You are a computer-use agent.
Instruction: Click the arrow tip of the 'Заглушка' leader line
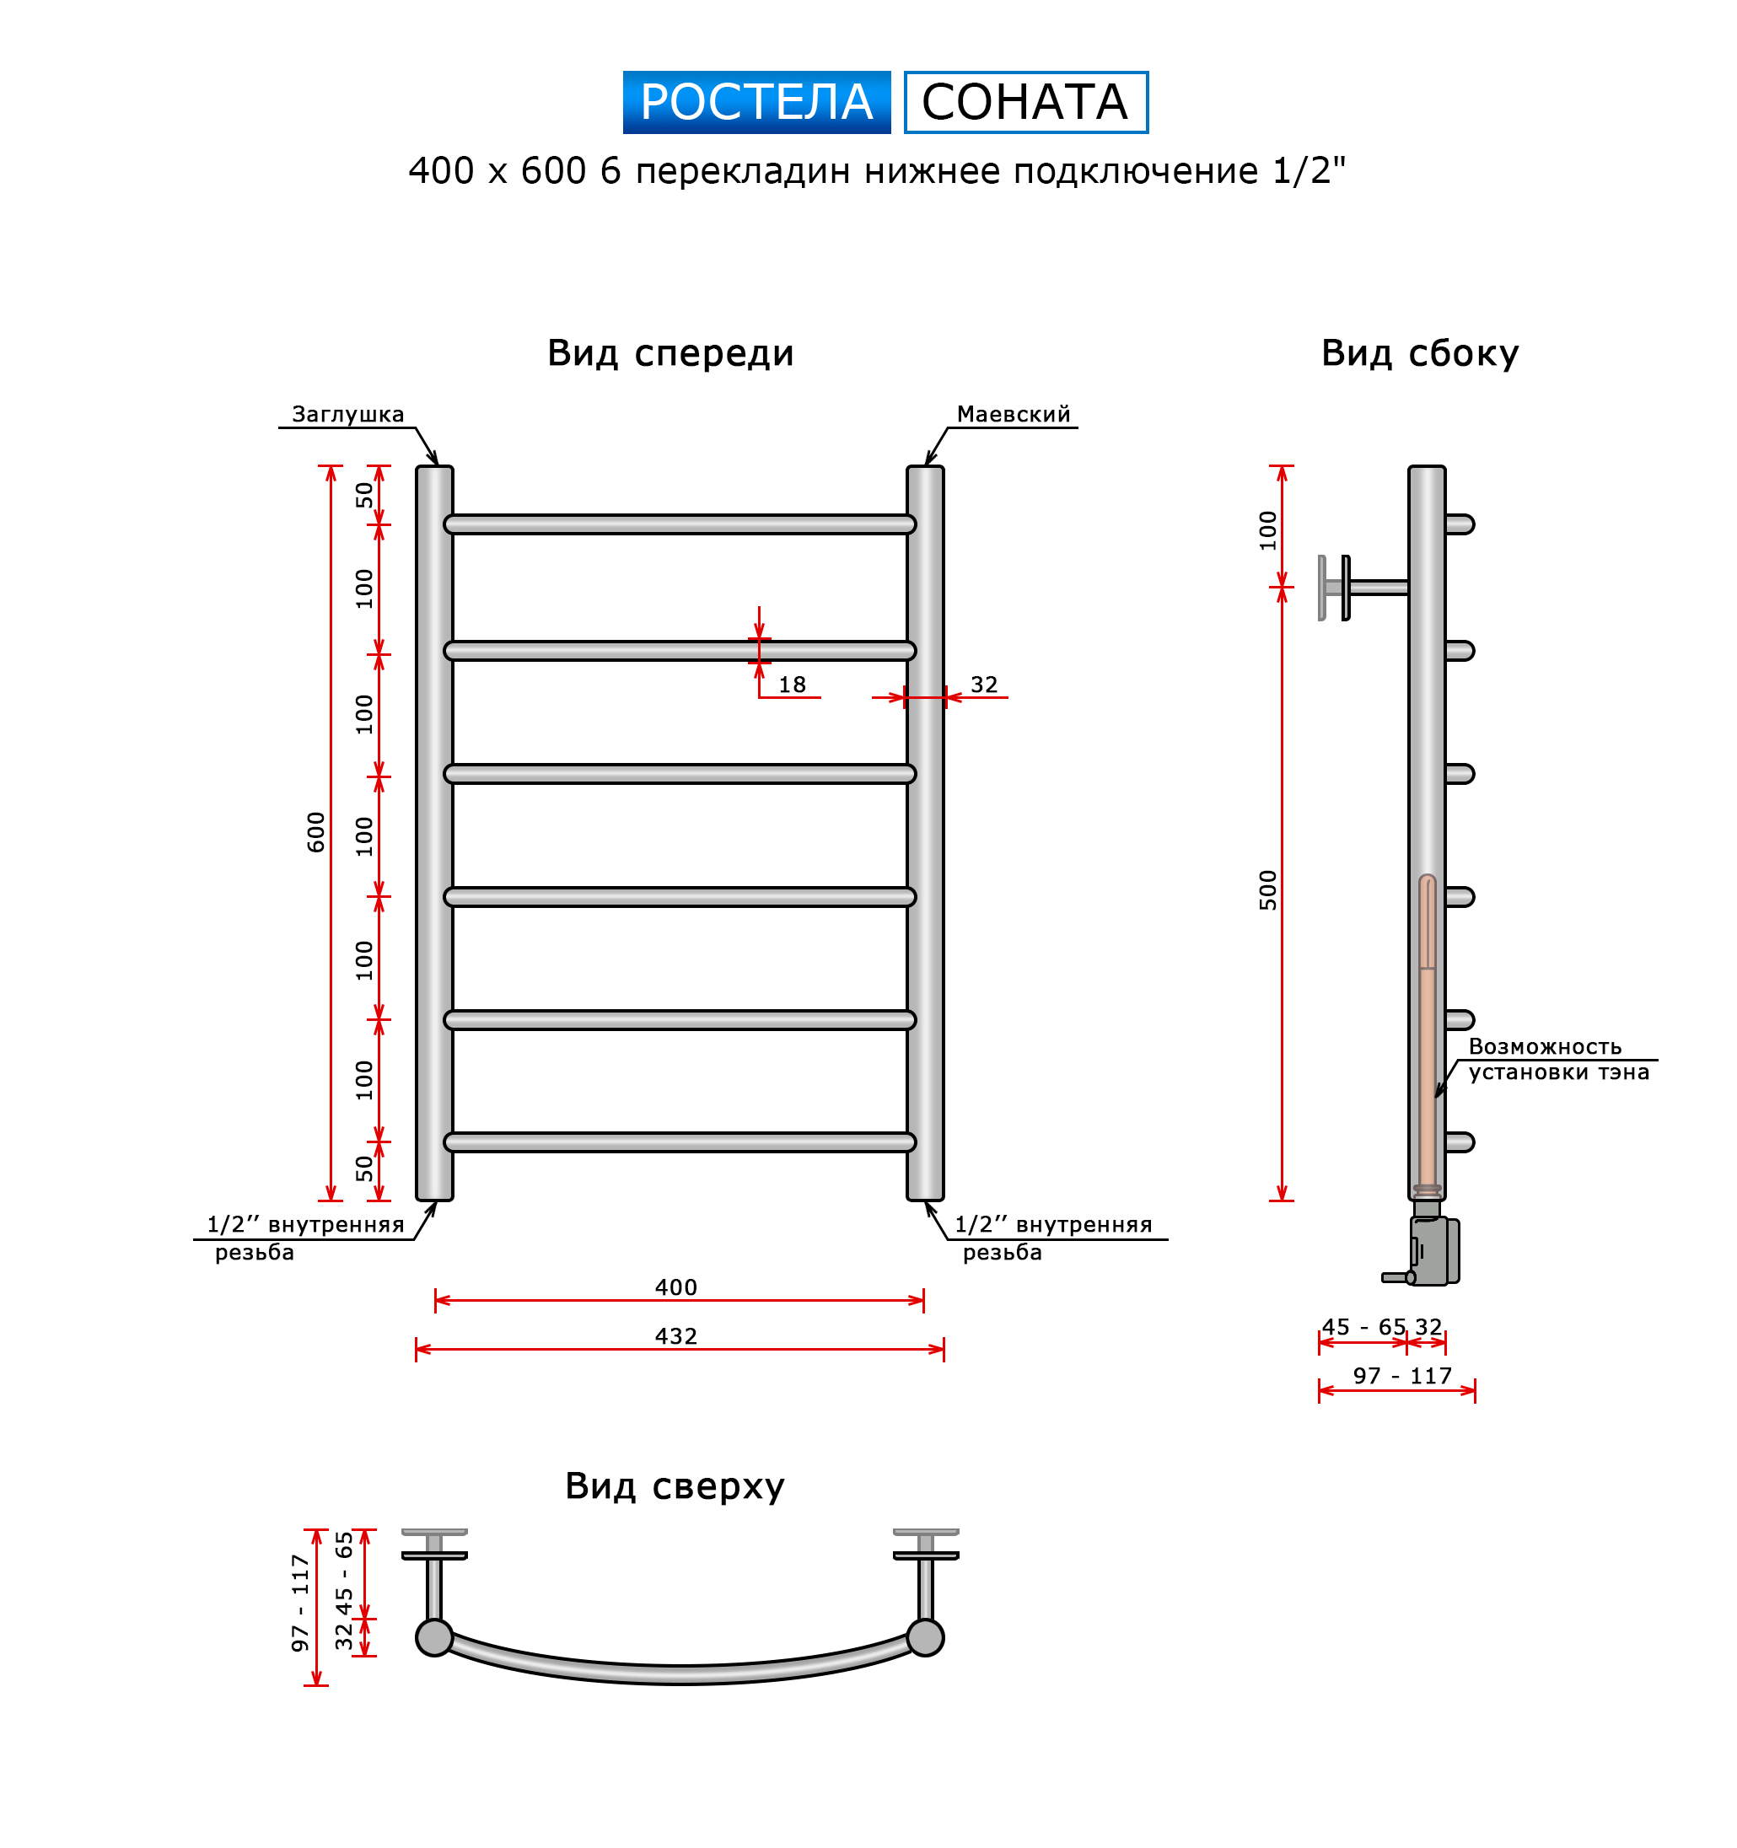pyautogui.click(x=436, y=465)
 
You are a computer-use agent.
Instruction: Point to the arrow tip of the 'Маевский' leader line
pyautogui.click(x=926, y=465)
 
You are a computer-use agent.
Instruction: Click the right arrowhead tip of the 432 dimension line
pyautogui.click(x=944, y=1349)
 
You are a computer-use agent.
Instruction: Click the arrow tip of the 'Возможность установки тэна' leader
pyautogui.click(x=1436, y=1098)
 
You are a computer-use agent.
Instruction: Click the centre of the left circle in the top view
pyautogui.click(x=434, y=1637)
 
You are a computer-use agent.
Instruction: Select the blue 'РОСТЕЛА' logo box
pyautogui.click(x=756, y=102)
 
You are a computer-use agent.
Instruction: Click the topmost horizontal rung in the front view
pyautogui.click(x=680, y=524)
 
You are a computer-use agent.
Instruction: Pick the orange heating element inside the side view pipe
pyautogui.click(x=1428, y=1033)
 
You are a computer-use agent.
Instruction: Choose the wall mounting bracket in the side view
pyautogui.click(x=1363, y=588)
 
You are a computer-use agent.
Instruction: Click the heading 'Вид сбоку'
pyautogui.click(x=1419, y=353)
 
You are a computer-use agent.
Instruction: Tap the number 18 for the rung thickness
pyautogui.click(x=791, y=685)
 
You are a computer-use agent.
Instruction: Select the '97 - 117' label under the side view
pyautogui.click(x=1402, y=1376)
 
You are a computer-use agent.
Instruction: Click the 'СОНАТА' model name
pyautogui.click(x=1025, y=102)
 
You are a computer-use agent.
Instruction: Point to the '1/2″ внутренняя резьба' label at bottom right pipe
pyautogui.click(x=1053, y=1238)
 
